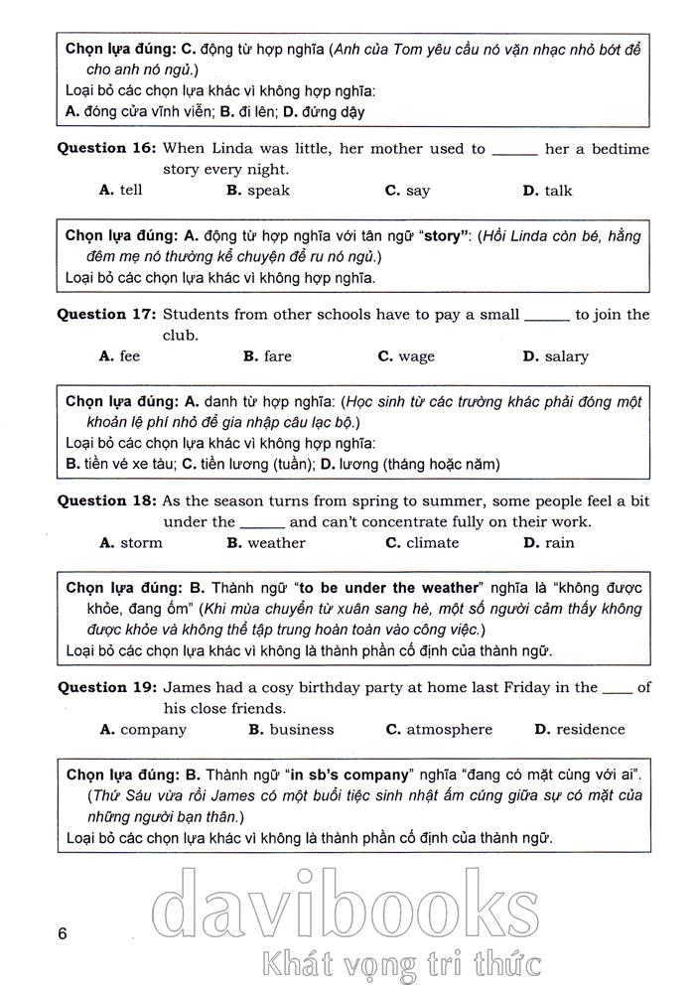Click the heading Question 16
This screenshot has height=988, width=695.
point(106,149)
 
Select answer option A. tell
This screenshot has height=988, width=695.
point(121,191)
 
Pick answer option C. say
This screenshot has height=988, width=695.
point(407,191)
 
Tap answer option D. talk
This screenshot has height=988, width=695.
point(547,191)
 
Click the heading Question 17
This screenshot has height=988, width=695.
point(106,315)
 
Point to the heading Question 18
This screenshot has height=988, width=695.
point(106,501)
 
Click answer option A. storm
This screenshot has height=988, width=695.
point(132,543)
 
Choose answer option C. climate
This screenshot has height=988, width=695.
point(422,543)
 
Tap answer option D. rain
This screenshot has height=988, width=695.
point(548,543)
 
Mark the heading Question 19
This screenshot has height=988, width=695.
point(106,687)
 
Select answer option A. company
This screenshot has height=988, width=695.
point(144,730)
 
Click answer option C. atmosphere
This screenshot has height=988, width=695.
point(439,730)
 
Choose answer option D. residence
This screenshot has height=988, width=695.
point(579,730)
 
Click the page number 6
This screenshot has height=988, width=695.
point(63,933)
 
